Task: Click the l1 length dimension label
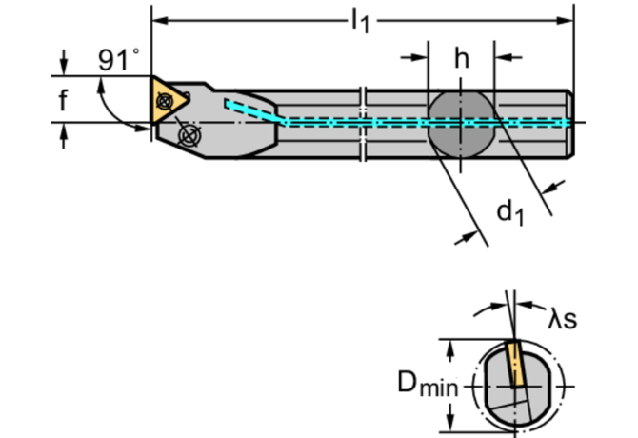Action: (x=359, y=20)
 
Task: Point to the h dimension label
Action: (x=461, y=58)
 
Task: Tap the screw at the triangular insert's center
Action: (x=169, y=99)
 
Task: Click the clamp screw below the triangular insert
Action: (x=190, y=136)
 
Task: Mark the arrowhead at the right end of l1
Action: (x=568, y=19)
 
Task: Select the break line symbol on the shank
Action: (x=364, y=122)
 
